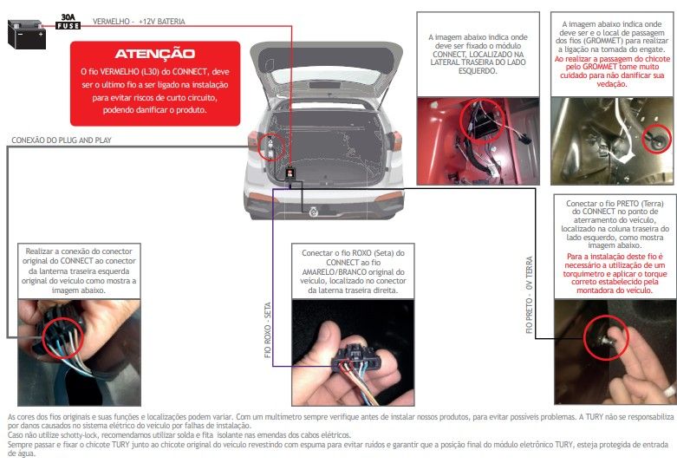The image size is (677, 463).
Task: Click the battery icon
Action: point(27,34)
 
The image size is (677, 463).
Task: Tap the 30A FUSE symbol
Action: point(68,22)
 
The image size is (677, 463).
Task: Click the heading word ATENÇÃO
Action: point(155,54)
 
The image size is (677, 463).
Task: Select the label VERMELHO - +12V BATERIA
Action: point(139,21)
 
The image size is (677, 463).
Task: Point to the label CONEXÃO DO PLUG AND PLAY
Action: point(62,140)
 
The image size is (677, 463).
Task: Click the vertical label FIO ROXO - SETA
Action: point(268,330)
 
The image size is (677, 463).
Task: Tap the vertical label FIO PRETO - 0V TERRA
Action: point(530,295)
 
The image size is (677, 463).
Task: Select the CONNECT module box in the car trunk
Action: point(290,173)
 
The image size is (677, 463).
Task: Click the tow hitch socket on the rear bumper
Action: point(314,212)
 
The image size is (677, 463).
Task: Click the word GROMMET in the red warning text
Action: point(600,67)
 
